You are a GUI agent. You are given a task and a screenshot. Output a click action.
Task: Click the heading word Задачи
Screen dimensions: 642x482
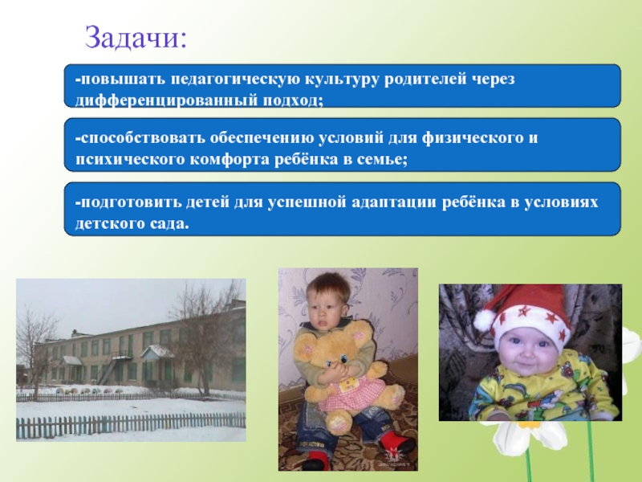136,38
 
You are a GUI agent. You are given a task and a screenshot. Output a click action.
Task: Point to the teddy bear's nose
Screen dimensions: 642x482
329,364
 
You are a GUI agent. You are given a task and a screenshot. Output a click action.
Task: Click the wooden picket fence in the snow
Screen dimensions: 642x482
131,426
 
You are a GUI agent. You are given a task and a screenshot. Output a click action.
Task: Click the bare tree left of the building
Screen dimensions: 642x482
36,353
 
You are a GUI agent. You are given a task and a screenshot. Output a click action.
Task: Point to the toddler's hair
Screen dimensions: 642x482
327,287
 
